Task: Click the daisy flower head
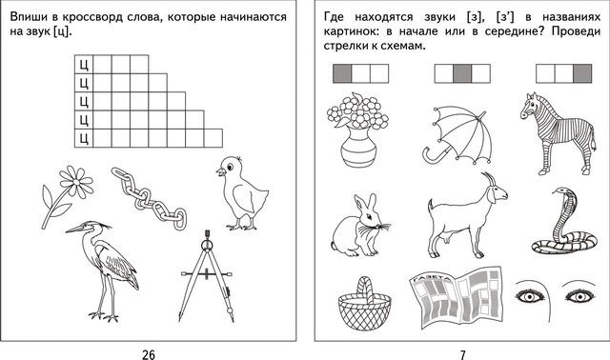[76, 182]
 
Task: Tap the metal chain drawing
[149, 198]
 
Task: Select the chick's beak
[220, 171]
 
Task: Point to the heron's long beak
[75, 230]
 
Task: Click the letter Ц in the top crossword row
[84, 65]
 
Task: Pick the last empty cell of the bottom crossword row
[213, 138]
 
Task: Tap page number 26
[149, 354]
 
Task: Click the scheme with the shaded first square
[360, 73]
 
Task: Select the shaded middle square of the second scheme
[462, 73]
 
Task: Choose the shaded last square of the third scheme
[582, 73]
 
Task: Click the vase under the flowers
[358, 147]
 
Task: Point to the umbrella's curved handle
[432, 155]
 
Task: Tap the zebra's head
[529, 106]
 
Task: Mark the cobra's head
[562, 193]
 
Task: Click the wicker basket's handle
[364, 289]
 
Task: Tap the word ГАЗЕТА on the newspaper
[429, 278]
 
